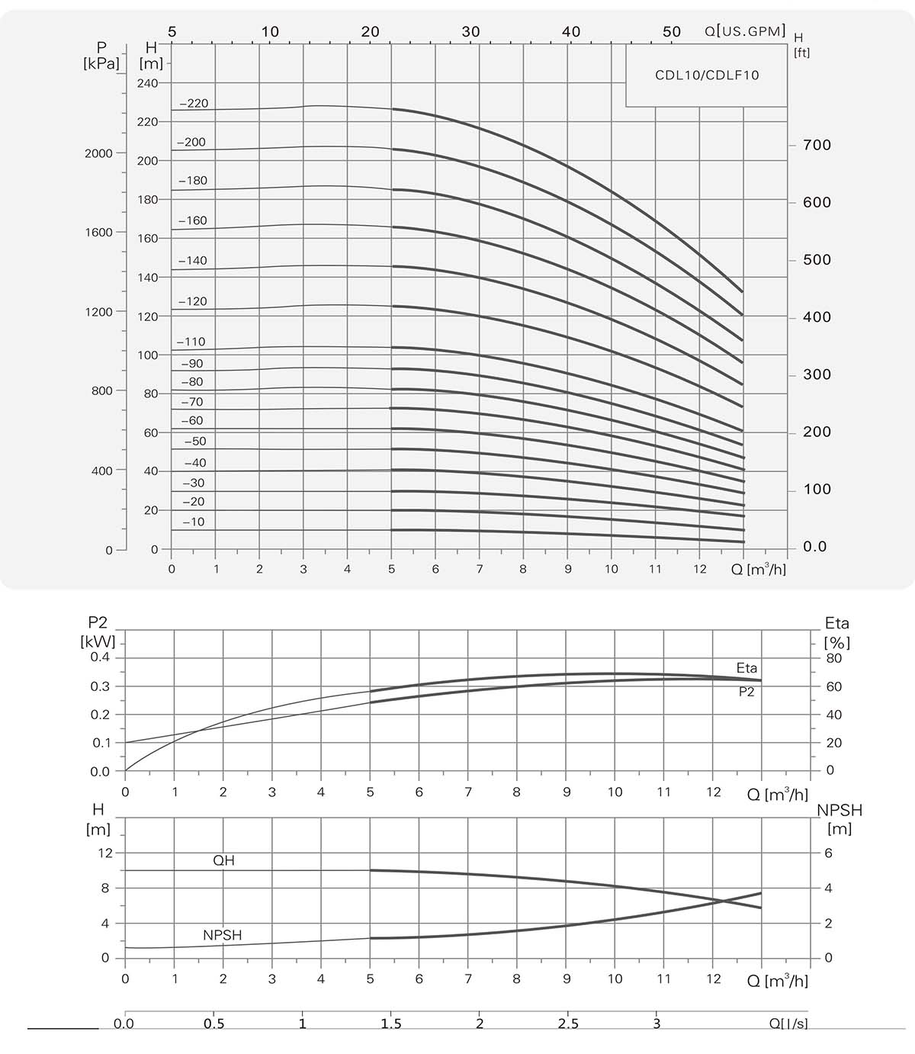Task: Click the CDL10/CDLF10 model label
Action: [707, 76]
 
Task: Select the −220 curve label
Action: [194, 104]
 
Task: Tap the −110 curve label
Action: [191, 342]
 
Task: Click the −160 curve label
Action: [192, 220]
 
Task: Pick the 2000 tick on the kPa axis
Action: [98, 153]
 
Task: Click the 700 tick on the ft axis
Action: [817, 145]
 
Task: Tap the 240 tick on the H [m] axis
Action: [148, 83]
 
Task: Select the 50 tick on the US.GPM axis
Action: [671, 32]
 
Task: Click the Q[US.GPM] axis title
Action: [745, 31]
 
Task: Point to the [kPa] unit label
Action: [101, 63]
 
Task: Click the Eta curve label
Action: [746, 668]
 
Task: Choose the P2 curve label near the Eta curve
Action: [746, 692]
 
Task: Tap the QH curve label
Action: [223, 860]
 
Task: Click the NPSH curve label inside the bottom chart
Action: [222, 935]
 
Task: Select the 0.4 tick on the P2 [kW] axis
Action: [101, 657]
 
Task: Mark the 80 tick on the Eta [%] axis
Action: [833, 658]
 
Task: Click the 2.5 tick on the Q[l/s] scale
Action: [568, 1023]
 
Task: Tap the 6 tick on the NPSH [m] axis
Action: [828, 853]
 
